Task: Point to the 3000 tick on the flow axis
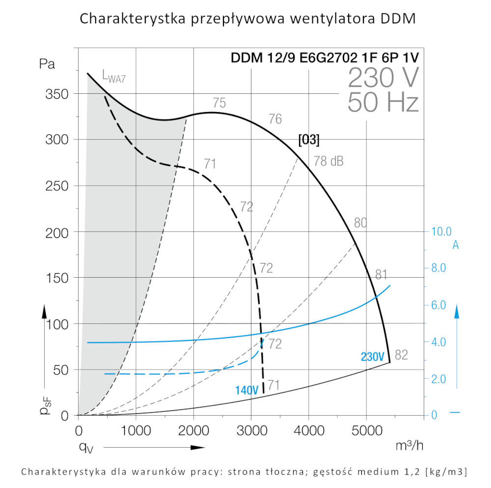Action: (x=251, y=432)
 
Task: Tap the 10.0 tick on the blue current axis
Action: (x=440, y=231)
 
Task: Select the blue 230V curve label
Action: (x=373, y=357)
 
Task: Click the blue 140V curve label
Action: (x=246, y=391)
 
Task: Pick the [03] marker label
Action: (x=309, y=140)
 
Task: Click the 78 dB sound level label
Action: (x=328, y=161)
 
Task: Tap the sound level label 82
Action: (x=401, y=355)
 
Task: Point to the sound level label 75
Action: (x=219, y=103)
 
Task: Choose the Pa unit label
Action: (x=48, y=64)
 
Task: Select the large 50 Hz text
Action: (x=383, y=103)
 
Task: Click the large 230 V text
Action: (x=383, y=78)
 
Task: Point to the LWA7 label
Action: (x=110, y=76)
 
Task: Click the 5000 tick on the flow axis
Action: (x=366, y=432)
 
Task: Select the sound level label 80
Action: (x=360, y=223)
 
